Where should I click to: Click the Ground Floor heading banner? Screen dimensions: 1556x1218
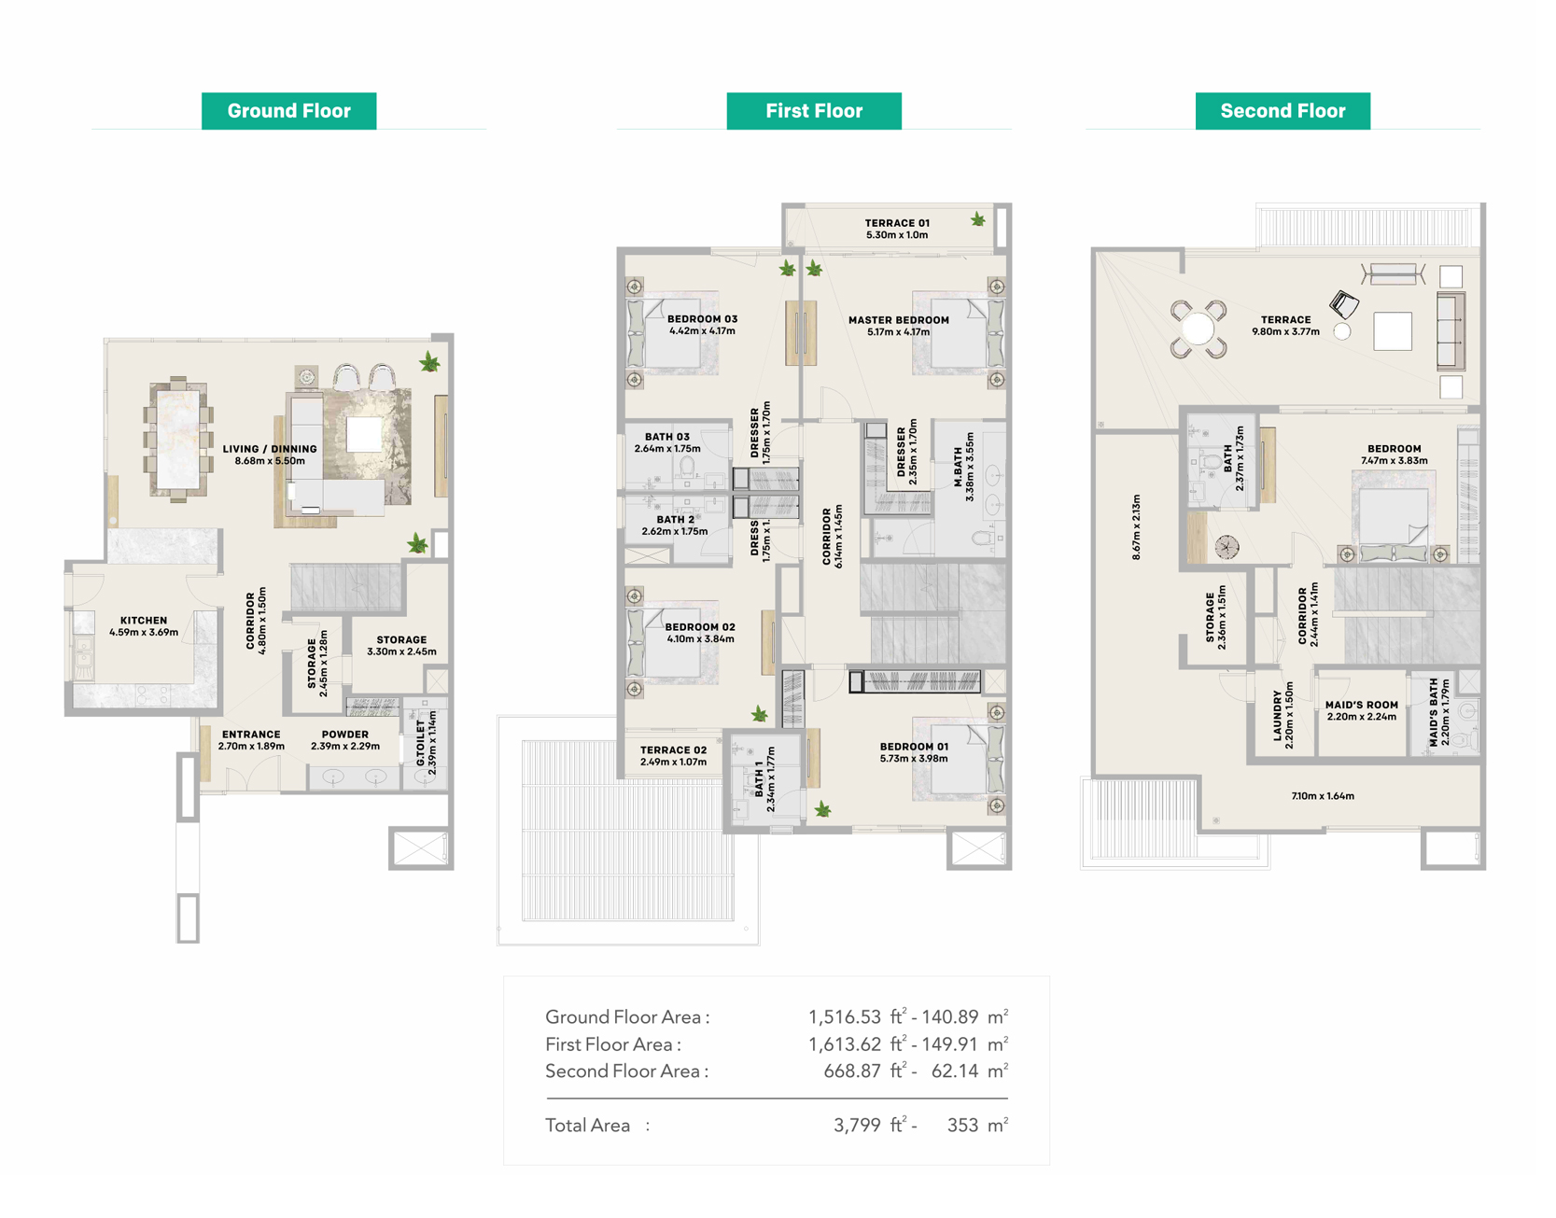pyautogui.click(x=288, y=111)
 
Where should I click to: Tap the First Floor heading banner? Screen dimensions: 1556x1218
pyautogui.click(x=814, y=111)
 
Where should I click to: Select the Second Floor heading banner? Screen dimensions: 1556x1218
pyautogui.click(x=1283, y=111)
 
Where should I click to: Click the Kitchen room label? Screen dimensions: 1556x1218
pyautogui.click(x=144, y=626)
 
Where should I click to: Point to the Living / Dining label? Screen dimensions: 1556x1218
pyautogui.click(x=270, y=455)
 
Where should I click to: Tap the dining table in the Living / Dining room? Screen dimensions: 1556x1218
pyautogui.click(x=177, y=439)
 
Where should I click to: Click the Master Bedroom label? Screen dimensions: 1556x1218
pyautogui.click(x=899, y=326)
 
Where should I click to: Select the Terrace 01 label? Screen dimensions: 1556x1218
pyautogui.click(x=897, y=229)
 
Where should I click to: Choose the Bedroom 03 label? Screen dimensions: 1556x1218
pyautogui.click(x=702, y=325)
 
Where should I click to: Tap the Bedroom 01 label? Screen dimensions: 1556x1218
pyautogui.click(x=914, y=752)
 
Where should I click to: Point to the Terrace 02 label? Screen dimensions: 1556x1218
pyautogui.click(x=673, y=756)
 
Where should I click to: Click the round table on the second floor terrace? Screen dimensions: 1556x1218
pyautogui.click(x=1199, y=329)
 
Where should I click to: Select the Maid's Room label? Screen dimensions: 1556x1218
pyautogui.click(x=1362, y=711)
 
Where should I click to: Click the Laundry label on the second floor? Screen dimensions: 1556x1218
pyautogui.click(x=1283, y=716)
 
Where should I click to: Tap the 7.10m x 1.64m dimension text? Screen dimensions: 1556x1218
pyautogui.click(x=1323, y=796)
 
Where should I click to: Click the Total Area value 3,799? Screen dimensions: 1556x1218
pyautogui.click(x=857, y=1126)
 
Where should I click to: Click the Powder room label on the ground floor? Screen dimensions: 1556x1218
pyautogui.click(x=345, y=740)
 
